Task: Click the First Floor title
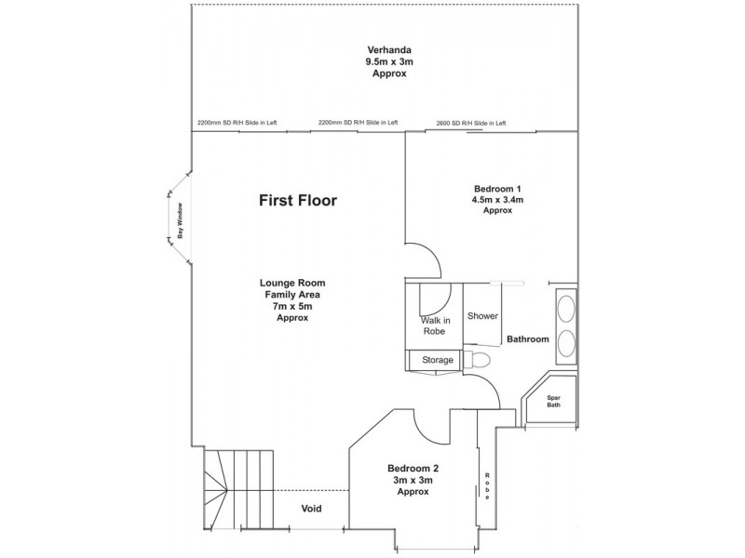pos(297,200)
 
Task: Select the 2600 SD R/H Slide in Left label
pos(470,123)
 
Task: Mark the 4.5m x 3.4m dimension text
pos(498,199)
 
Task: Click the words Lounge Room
pos(292,284)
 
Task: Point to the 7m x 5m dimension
pos(292,306)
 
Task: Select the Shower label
pos(482,316)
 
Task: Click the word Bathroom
pos(527,339)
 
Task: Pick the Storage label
pos(437,360)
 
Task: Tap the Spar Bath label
pos(553,401)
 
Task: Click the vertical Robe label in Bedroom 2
pos(486,485)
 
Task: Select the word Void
pos(312,509)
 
